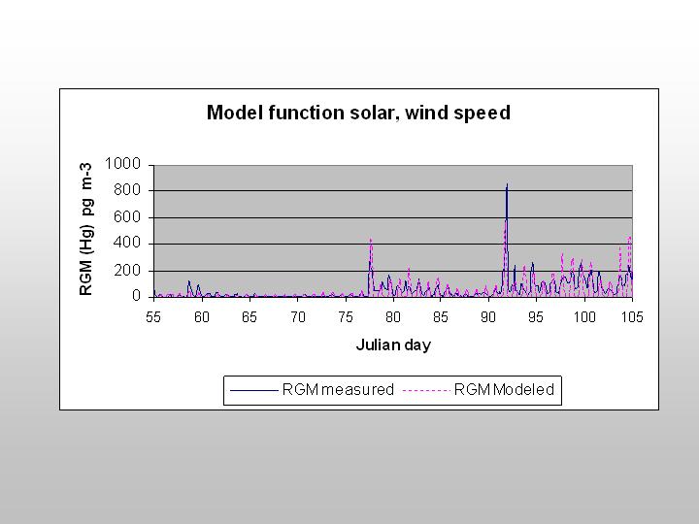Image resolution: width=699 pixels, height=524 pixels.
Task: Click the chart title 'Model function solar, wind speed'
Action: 358,113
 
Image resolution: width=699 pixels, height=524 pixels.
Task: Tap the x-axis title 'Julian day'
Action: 393,344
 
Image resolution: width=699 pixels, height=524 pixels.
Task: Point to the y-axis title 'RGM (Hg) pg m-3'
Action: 85,229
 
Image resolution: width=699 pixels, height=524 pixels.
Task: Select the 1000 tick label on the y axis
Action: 122,164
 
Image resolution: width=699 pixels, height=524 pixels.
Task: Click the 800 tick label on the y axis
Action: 127,190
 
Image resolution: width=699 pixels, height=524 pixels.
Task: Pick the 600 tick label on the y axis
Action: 127,217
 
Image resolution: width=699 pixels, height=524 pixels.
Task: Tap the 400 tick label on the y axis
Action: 127,244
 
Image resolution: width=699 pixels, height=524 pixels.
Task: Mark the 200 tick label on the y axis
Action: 127,270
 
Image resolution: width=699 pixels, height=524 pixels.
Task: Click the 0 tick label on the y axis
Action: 137,296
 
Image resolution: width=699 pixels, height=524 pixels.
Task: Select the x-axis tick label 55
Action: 153,316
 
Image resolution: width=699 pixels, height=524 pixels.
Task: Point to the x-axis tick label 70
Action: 298,316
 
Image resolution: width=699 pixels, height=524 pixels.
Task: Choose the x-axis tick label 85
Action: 441,316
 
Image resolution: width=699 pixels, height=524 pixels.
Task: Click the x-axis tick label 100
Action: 584,316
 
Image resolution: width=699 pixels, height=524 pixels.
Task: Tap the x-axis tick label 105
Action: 633,316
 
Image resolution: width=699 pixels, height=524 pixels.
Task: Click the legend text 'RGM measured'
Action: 338,389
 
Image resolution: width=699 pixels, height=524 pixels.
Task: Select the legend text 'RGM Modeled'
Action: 504,389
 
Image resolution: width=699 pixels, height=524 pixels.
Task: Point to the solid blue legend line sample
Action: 253,390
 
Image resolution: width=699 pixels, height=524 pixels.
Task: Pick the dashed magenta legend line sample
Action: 426,390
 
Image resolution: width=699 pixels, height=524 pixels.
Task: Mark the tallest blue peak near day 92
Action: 507,184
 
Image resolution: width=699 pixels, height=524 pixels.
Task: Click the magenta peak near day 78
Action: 371,240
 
